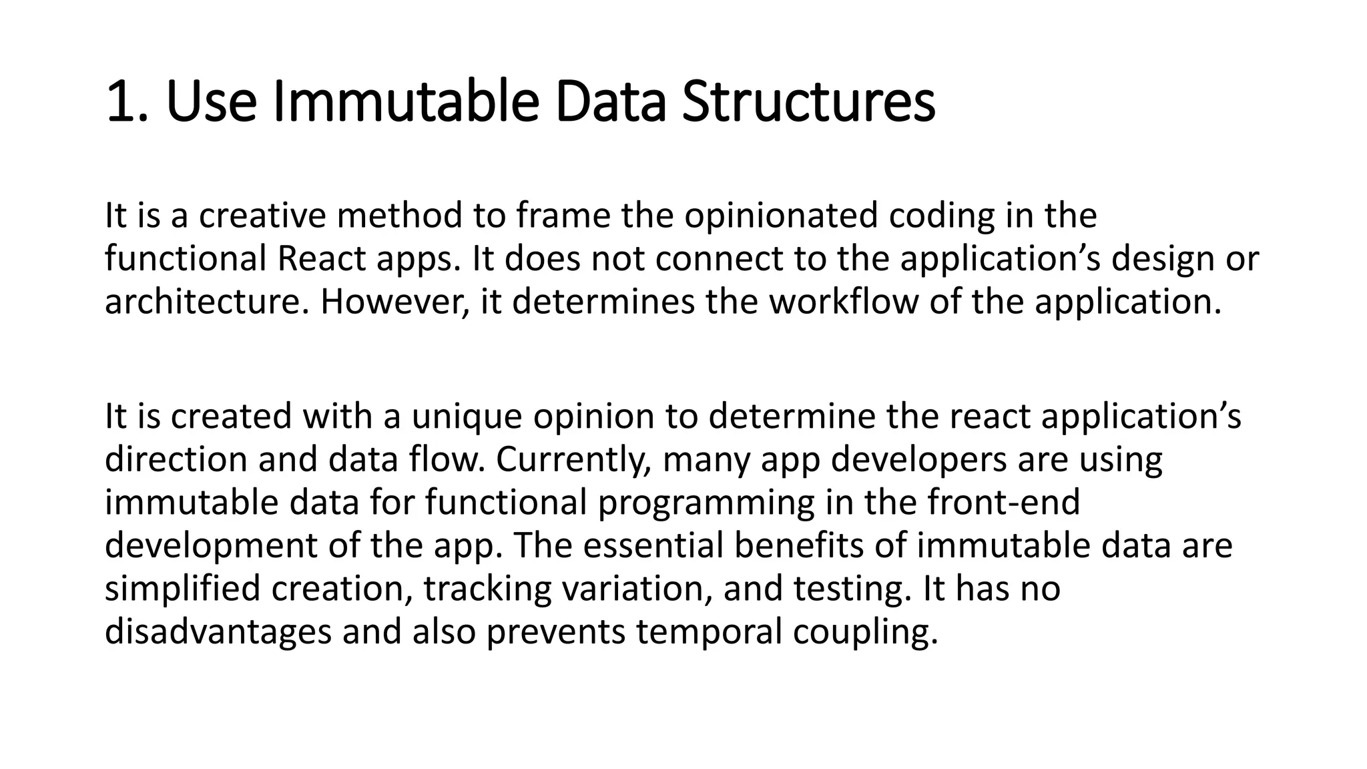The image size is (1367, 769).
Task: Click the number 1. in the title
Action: [126, 101]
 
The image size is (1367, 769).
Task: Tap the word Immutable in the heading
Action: [405, 101]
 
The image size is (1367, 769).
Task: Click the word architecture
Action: [207, 302]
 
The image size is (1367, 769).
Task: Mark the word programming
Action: [706, 503]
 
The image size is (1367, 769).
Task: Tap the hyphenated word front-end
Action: [1003, 503]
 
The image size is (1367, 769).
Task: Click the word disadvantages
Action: [218, 632]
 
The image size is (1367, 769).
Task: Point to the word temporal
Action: [709, 632]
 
